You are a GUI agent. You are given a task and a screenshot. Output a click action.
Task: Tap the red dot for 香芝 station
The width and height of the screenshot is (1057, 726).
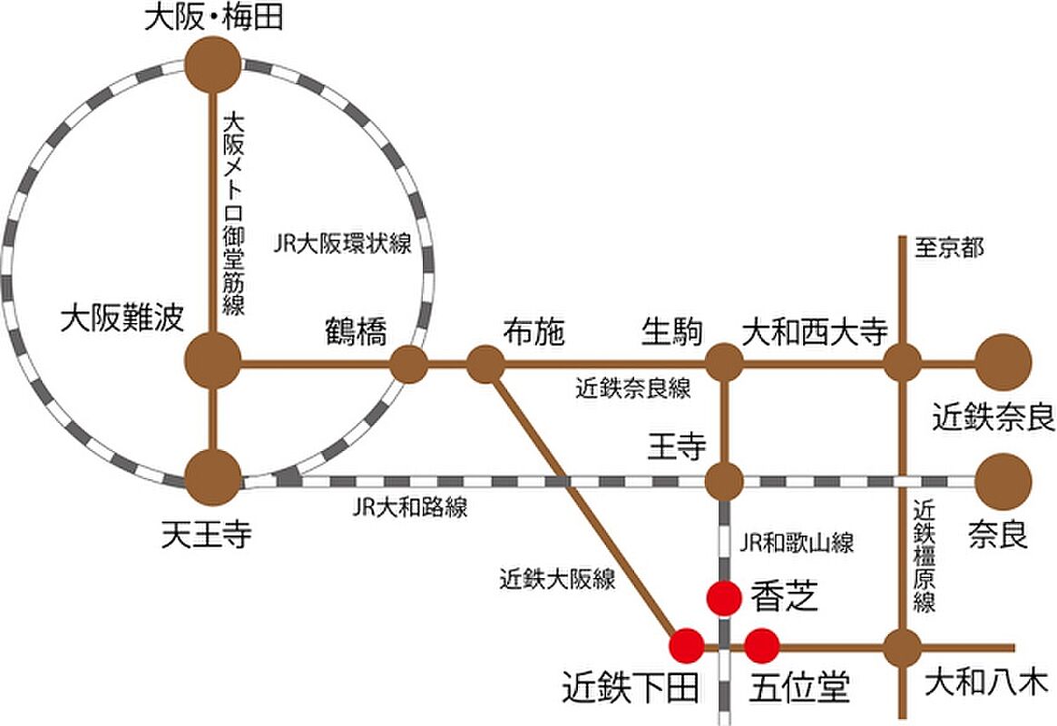point(725,597)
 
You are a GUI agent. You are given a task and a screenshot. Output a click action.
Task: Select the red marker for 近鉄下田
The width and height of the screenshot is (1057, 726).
point(686,646)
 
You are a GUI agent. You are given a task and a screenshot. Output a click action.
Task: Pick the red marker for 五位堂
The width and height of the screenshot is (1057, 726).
point(762,646)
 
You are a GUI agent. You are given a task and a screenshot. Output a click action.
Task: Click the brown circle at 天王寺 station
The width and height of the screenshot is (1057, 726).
point(213,478)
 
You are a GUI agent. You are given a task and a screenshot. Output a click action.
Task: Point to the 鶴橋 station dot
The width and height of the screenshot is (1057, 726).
point(408,364)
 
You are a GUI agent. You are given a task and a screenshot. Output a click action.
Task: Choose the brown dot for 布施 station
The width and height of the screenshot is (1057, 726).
point(485,364)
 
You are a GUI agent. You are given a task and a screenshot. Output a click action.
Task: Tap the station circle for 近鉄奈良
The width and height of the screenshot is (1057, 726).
point(1003,363)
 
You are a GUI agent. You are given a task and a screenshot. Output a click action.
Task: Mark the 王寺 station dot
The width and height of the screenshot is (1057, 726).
point(725,481)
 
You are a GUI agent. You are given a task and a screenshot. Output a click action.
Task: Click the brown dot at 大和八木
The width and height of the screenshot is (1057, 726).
point(902,648)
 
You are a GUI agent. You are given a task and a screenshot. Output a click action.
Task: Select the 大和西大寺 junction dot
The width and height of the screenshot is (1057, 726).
point(902,363)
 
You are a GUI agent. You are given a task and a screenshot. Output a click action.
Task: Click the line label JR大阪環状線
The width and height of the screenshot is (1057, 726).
point(342,243)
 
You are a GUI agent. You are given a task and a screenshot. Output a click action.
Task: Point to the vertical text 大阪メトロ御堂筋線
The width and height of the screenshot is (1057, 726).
point(233,214)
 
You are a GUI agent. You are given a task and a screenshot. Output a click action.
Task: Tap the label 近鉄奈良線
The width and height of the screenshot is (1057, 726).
point(633,389)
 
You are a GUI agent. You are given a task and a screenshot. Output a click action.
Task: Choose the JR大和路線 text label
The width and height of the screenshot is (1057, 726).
point(410,507)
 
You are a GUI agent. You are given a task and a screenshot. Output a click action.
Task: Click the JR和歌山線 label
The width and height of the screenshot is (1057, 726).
point(796,542)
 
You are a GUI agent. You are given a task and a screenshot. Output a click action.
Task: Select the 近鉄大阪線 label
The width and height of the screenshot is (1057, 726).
point(557,578)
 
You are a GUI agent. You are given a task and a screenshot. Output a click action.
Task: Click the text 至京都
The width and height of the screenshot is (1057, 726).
point(949,248)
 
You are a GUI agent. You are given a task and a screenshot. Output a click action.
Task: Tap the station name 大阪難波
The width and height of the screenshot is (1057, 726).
point(122,319)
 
